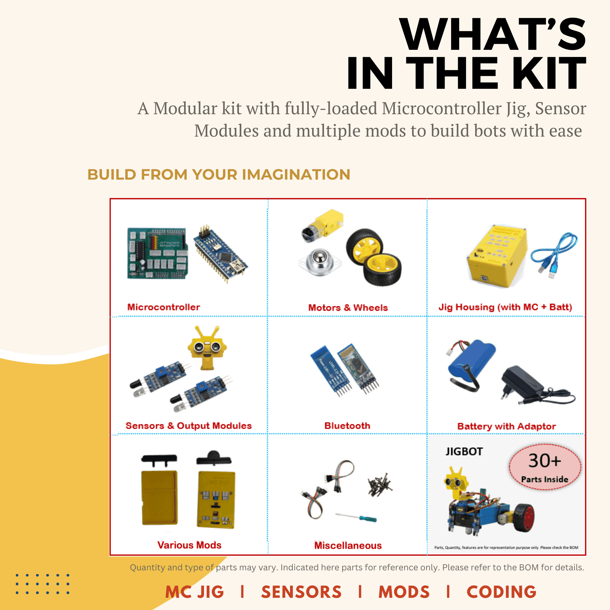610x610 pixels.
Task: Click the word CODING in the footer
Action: point(501,592)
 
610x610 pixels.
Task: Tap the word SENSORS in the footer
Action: point(301,592)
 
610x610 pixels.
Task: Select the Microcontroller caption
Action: point(164,307)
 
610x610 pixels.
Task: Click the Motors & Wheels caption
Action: point(348,308)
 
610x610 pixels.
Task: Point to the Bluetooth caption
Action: point(347,426)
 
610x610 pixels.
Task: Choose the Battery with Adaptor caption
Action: point(507,426)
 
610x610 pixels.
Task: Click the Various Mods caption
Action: point(189,545)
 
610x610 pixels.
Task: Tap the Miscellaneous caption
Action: point(348,546)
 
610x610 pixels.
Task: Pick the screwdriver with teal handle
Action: point(356,517)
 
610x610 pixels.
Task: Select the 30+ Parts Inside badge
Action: point(545,467)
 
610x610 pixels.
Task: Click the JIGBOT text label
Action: point(464,452)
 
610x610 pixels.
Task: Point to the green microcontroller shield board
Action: point(157,253)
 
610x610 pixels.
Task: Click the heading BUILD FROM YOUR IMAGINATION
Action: point(219,175)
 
